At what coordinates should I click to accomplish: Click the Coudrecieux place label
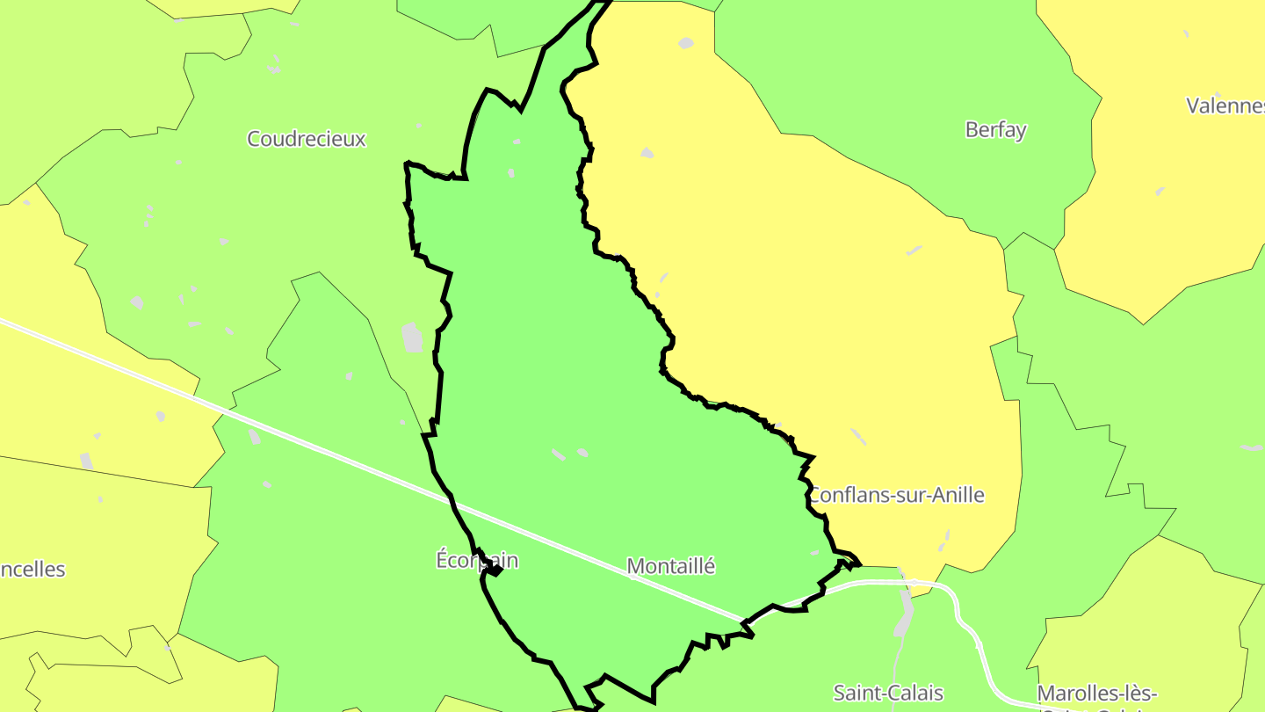pos(306,139)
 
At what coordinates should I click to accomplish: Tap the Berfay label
pos(995,130)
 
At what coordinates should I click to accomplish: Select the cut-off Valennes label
pos(1225,106)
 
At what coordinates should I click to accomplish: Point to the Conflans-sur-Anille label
pos(896,495)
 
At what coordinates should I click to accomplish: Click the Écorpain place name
pos(477,560)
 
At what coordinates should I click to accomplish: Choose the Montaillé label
pos(671,567)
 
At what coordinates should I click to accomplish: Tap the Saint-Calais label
pos(888,693)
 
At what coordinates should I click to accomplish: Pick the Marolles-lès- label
pos(1096,693)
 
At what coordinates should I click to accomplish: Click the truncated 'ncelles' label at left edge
pos(33,570)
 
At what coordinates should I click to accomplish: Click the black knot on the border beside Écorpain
pos(495,570)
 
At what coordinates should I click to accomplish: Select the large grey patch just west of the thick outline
pos(411,338)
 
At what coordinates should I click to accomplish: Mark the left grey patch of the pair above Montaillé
pos(558,454)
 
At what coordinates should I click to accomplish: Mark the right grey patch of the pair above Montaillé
pos(582,452)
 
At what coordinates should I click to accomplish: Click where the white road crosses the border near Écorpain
pos(453,503)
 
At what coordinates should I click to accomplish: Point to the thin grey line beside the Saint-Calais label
pos(893,677)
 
